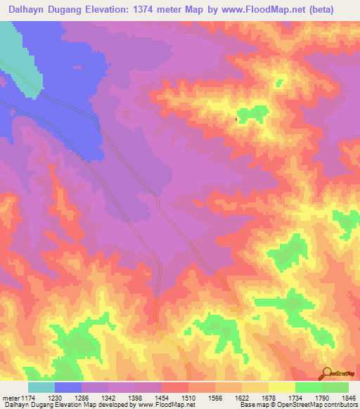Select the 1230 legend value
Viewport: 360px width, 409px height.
coord(56,398)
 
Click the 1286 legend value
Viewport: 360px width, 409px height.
coord(82,398)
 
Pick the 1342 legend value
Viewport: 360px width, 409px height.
coord(109,398)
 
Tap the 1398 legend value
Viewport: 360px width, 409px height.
coord(136,398)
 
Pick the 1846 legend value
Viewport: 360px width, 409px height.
coord(347,398)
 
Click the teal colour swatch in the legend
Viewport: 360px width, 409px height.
coord(41,387)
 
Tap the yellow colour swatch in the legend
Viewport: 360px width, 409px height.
coord(281,387)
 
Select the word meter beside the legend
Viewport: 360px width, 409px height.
coord(9,398)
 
